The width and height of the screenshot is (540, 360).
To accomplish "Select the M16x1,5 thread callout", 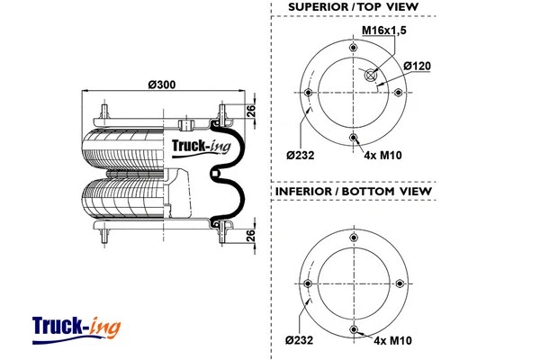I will coord(382,31).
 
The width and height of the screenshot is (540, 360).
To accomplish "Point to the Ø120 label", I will coord(417,66).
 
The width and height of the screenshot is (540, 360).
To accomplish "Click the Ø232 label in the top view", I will coord(301,155).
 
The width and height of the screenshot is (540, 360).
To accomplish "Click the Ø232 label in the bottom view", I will coord(301,339).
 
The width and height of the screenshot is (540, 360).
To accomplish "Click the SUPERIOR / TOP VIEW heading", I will coord(353,7).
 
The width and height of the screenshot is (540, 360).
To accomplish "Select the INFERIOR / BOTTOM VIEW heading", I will coord(352,192).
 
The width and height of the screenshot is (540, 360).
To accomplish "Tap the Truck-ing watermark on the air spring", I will coord(201,144).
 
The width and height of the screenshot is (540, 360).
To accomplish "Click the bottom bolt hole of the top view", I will coord(354,137).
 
